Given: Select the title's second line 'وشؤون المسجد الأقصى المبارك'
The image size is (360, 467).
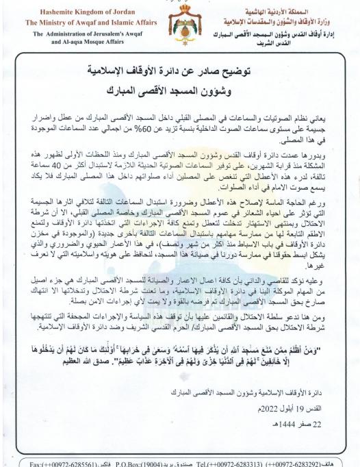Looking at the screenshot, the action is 179,90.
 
